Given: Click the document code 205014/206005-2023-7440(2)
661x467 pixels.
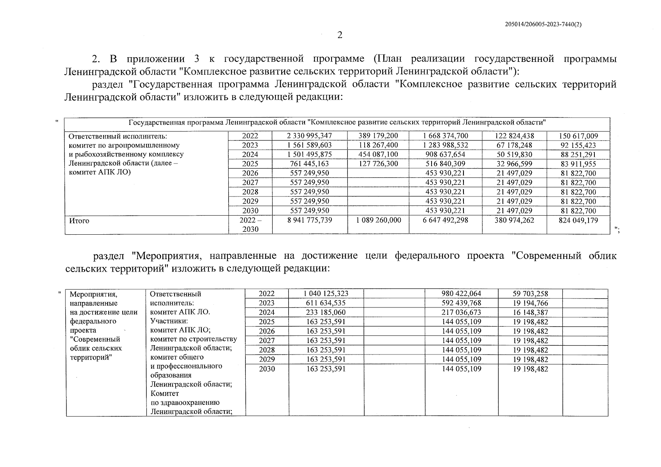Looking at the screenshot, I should (543, 24).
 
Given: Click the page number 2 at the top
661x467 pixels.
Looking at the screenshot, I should (340, 35).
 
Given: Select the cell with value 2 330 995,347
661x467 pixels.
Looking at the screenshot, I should (309, 136).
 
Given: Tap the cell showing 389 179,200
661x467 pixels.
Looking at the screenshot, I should (378, 136).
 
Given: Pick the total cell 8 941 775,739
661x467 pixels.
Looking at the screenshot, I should (309, 220).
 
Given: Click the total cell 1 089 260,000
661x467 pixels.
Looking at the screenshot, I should (378, 220).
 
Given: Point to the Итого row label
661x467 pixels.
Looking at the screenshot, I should (79, 221).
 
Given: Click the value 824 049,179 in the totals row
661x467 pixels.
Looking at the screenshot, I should (578, 220).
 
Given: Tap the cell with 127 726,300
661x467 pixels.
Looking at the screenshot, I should (378, 164).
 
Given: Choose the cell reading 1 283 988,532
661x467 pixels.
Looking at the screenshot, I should (445, 145).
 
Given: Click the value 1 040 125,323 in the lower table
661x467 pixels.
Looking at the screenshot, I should (326, 294).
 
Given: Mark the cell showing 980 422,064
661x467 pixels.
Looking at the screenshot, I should (461, 294).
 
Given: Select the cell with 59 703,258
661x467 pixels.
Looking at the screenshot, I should (530, 294).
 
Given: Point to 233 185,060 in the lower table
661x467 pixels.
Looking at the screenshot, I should (326, 313).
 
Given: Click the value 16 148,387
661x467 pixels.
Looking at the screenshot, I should (530, 313).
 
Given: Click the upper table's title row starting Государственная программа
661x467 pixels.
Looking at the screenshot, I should (337, 123).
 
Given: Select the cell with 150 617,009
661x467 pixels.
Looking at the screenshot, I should (578, 136).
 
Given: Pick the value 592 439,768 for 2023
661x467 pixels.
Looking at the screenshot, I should (461, 303).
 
